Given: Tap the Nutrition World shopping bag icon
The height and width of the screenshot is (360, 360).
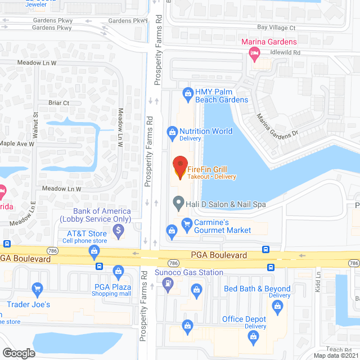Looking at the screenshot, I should pos(173,132).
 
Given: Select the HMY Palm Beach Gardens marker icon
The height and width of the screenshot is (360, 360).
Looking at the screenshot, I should pos(188,92).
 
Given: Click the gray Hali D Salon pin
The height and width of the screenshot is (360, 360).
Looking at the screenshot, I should pos(178,201).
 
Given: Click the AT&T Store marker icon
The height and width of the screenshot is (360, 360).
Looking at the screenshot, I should pos(93,256).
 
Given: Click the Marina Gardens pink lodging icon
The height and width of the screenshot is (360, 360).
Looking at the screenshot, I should pos(255,53).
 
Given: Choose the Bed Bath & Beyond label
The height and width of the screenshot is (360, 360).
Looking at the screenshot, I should pos(257,289).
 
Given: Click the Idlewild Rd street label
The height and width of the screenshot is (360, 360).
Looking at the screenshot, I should pos(286,52).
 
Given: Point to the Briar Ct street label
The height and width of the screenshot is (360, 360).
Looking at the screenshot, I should pos(58,103).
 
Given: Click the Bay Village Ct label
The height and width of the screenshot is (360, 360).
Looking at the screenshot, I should pos(276,27).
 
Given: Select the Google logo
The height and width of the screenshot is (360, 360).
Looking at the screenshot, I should pos(19,353).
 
